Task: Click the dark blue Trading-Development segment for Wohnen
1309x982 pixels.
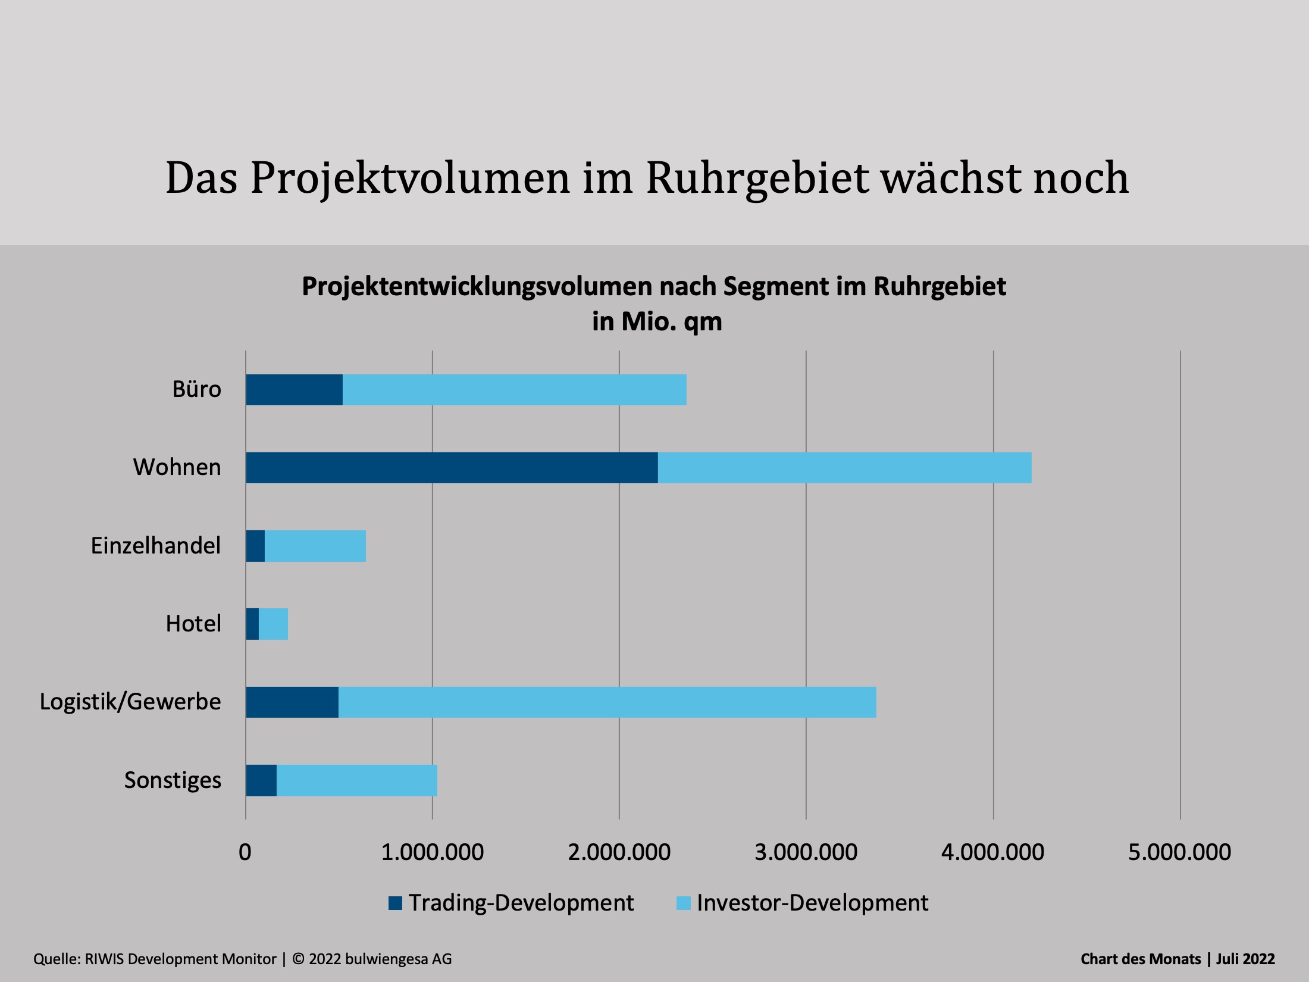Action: tap(452, 468)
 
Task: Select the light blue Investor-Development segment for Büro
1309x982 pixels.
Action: tap(515, 390)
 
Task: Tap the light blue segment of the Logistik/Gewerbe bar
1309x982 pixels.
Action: tap(607, 702)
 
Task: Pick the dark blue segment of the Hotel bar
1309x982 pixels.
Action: tap(252, 624)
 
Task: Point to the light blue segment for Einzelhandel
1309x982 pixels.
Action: tap(315, 546)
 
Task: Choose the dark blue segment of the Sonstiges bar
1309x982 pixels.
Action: tap(261, 780)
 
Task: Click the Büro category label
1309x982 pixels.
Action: tap(196, 389)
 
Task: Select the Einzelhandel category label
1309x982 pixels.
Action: tap(155, 546)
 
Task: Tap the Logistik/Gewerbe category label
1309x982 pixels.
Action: tap(130, 702)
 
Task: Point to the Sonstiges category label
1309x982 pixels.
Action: tap(173, 780)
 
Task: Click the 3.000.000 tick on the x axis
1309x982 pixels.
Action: tap(806, 852)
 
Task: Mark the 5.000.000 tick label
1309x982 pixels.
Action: tap(1179, 852)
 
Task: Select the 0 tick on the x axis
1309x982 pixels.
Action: tap(245, 852)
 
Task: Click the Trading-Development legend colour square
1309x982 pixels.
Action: tap(395, 903)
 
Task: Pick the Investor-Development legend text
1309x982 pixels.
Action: tap(812, 903)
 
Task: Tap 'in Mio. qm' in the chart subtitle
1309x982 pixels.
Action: tap(657, 322)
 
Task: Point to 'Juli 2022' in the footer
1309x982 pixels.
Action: tap(1245, 959)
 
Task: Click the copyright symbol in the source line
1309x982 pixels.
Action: tap(299, 959)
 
